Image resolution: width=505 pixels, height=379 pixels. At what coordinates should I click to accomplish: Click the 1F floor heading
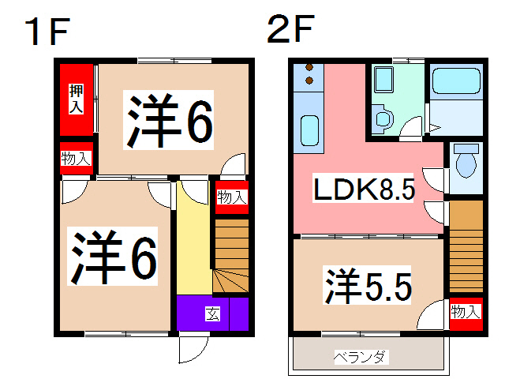point(48,32)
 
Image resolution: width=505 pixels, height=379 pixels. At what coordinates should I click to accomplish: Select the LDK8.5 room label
point(364,190)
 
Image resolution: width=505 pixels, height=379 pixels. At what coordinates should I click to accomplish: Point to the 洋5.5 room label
point(368,286)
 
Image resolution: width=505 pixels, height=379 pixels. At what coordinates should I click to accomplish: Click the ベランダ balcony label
point(361,357)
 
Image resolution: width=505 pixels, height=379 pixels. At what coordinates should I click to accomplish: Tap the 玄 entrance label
point(212,313)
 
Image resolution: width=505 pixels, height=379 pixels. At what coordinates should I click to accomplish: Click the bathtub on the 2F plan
point(456,82)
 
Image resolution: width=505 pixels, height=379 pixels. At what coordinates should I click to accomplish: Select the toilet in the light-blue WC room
point(466,163)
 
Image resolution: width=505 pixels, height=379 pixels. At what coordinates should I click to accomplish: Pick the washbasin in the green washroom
point(384,80)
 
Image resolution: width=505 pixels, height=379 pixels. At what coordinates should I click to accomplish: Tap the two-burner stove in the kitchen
point(309,77)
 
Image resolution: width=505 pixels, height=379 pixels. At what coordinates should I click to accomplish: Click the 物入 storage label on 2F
point(465,312)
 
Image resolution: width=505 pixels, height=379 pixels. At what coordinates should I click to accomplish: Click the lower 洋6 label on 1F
point(115,257)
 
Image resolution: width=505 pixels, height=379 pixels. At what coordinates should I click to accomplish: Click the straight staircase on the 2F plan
point(465,246)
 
